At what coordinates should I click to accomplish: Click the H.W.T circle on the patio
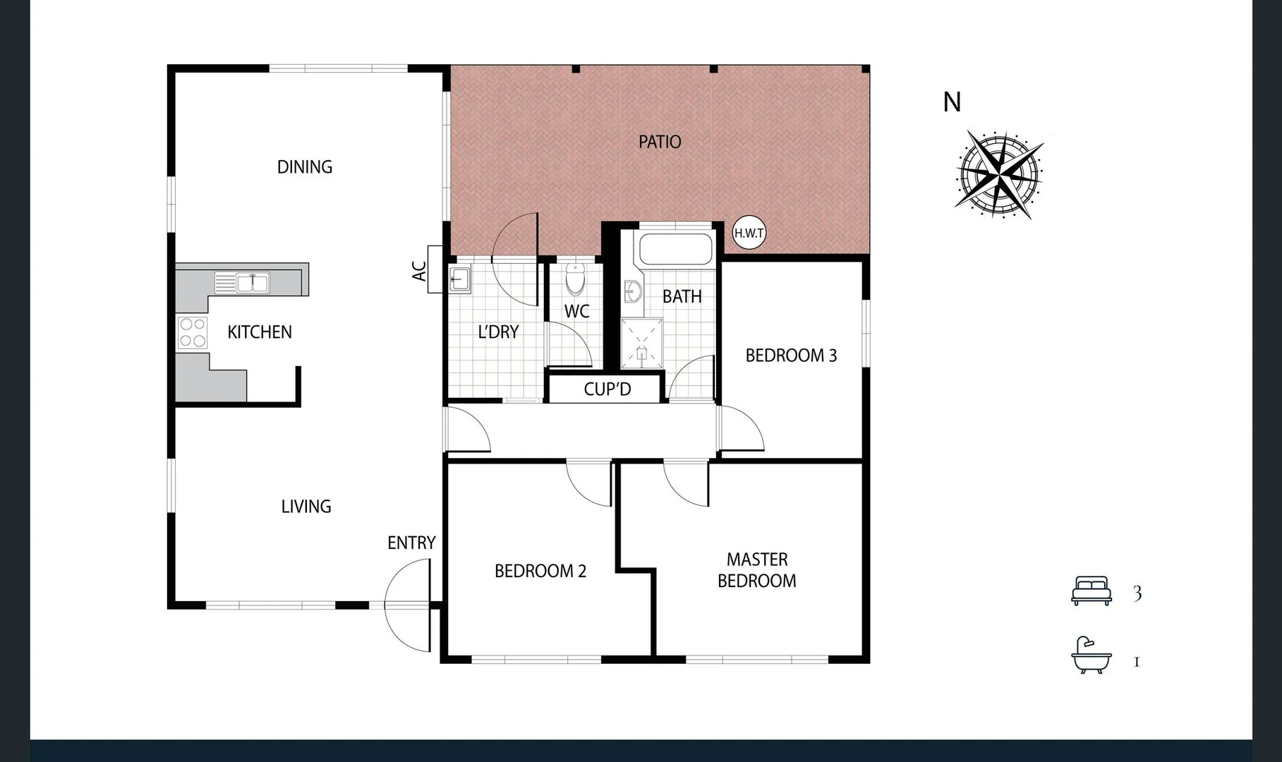[749, 233]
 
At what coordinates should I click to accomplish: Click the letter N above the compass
[952, 103]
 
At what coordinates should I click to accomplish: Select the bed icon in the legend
[1091, 591]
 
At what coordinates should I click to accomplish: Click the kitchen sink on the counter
[253, 283]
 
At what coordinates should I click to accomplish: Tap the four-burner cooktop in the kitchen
[192, 333]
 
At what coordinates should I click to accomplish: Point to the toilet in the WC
[576, 279]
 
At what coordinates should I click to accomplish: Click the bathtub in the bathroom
[675, 249]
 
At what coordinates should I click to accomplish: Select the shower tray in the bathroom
[641, 344]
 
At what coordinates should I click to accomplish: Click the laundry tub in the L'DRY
[459, 279]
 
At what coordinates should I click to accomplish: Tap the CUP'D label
[607, 389]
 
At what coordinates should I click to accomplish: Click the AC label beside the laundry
[419, 271]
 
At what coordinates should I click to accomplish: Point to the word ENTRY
[411, 543]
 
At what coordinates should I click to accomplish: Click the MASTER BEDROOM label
[756, 570]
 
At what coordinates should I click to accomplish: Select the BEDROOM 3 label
[791, 356]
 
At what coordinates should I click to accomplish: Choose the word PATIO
[659, 142]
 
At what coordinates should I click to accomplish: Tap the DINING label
[304, 167]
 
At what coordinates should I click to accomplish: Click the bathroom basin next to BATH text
[632, 291]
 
